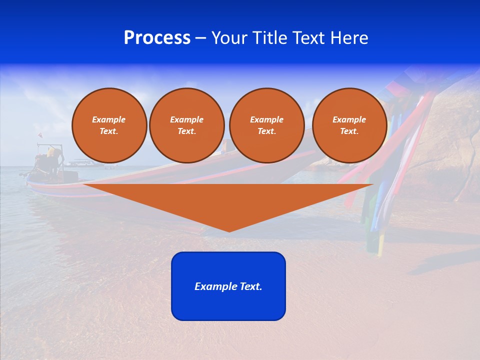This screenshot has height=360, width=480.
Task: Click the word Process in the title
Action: (x=157, y=38)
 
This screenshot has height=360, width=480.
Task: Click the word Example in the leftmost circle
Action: (x=109, y=119)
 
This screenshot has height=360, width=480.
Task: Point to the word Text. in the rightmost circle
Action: (x=349, y=131)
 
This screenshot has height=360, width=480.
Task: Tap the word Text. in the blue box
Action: (x=251, y=286)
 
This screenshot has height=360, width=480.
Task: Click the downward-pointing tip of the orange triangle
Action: (x=229, y=230)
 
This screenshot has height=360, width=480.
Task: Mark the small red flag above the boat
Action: (x=40, y=135)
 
